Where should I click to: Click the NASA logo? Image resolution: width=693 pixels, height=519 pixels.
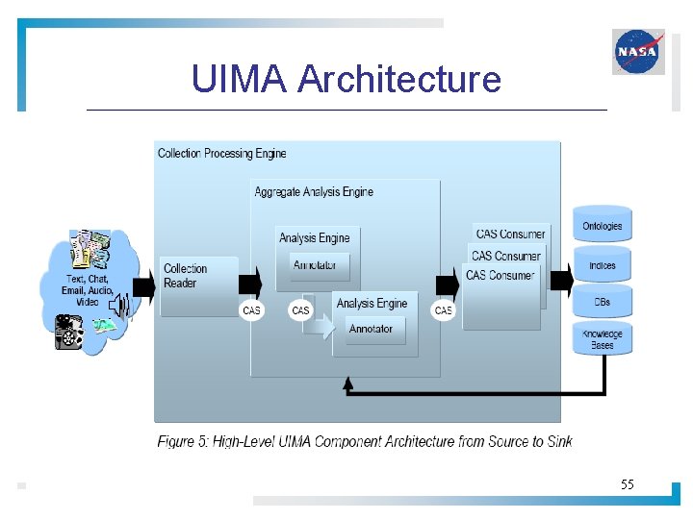click(x=638, y=51)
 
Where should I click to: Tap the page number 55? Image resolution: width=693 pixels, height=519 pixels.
click(x=627, y=484)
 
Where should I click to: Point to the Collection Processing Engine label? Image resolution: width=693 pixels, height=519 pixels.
click(x=221, y=153)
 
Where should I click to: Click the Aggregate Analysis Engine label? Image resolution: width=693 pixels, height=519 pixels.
click(x=314, y=192)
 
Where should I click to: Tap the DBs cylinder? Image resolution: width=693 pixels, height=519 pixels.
click(x=603, y=302)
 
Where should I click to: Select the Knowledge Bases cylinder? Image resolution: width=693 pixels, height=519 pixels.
click(x=603, y=338)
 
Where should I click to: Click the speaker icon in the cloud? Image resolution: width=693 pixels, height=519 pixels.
click(x=118, y=307)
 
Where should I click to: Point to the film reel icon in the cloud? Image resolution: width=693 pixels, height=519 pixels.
click(x=68, y=332)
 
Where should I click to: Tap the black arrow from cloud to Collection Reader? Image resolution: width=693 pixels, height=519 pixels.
click(x=143, y=285)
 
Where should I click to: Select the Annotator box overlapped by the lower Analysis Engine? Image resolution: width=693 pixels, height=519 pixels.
click(x=316, y=265)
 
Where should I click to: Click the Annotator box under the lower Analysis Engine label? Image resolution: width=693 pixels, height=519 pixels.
click(x=372, y=329)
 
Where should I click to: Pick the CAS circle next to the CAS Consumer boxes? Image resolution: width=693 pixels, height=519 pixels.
click(x=443, y=309)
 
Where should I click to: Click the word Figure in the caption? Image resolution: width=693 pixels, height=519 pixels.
click(x=177, y=441)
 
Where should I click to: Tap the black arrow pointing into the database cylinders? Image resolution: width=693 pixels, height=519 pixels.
click(x=559, y=285)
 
